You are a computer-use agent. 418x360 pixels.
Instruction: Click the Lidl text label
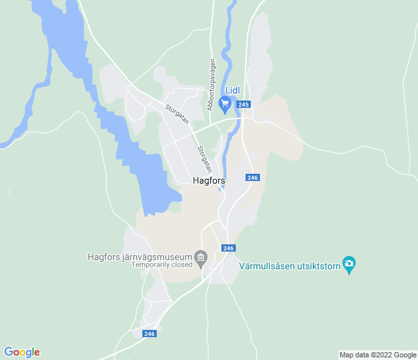pos(233,90)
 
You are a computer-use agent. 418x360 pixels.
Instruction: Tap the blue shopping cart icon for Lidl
pos(225,103)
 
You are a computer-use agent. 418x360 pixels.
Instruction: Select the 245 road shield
pos(244,105)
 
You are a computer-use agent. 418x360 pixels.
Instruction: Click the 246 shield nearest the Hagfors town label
pos(253,178)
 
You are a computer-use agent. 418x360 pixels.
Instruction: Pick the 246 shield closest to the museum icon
pos(228,248)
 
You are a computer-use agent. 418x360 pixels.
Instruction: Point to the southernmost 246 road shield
pos(150,333)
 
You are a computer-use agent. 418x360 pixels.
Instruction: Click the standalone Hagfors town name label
pos(209,181)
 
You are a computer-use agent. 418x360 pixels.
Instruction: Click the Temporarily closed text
pos(162,265)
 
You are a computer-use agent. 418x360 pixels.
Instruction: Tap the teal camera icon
pos(349,264)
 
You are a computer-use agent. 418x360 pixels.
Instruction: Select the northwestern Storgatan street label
pos(176,114)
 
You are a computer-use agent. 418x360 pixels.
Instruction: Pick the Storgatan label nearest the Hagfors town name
pos(204,158)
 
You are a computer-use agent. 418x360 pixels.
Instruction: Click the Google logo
pos(22,352)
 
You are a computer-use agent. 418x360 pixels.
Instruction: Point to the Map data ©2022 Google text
pos(378,355)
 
